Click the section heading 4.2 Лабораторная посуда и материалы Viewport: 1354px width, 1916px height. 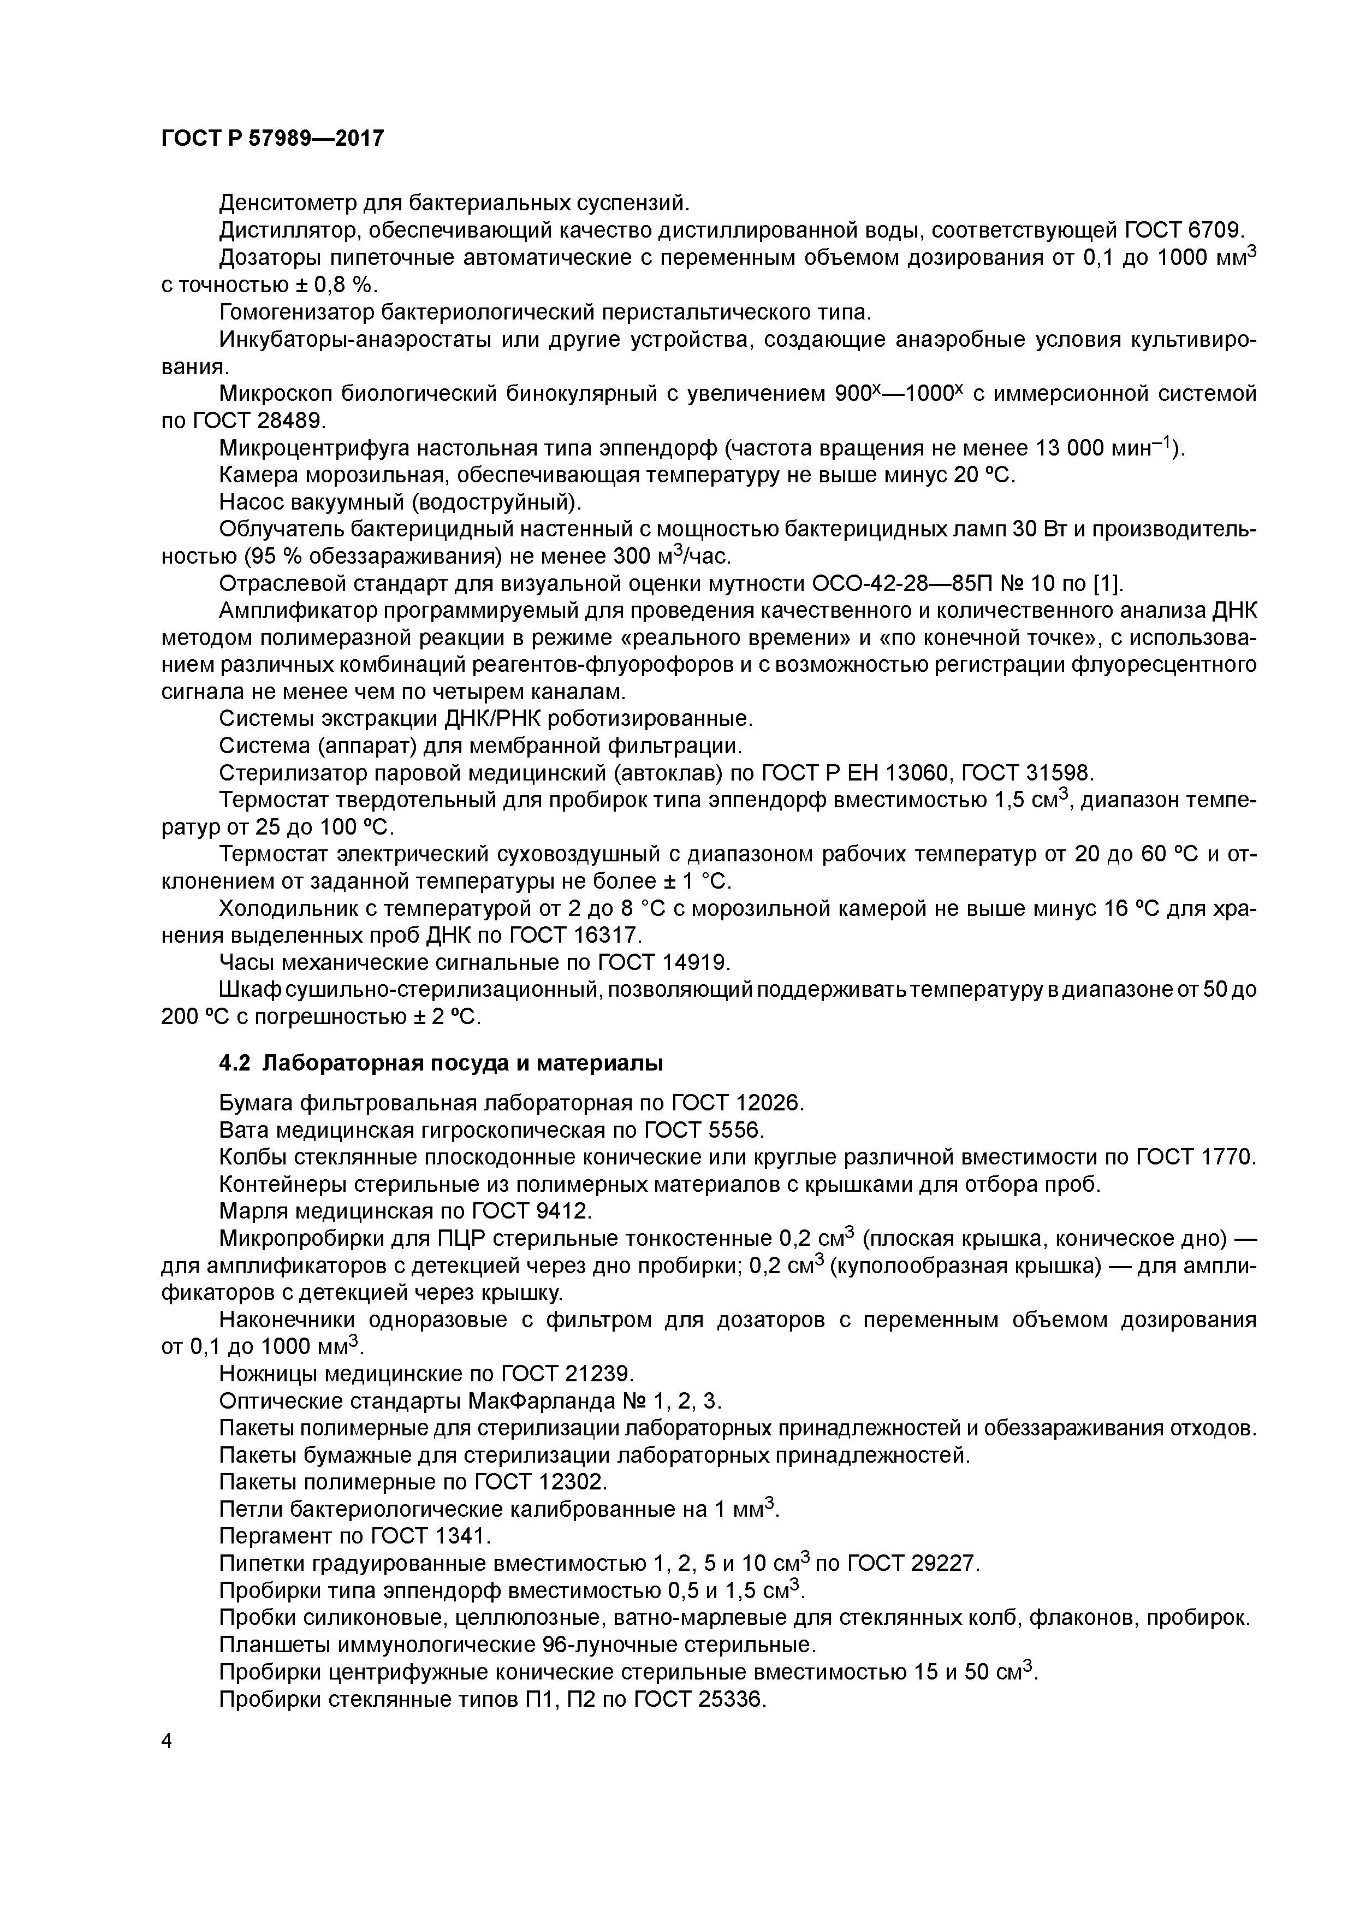(441, 1064)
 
